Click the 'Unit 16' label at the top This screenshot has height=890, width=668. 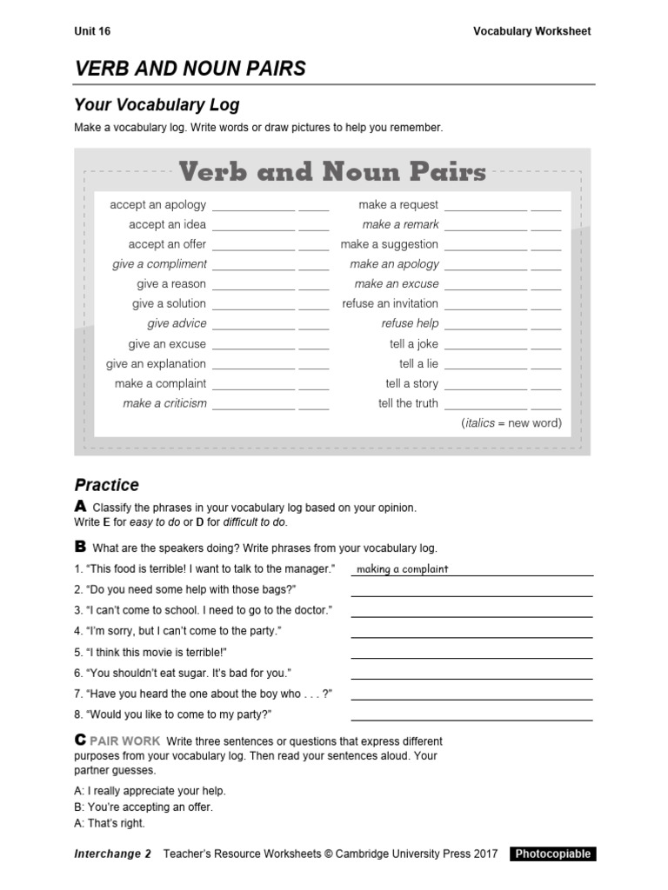click(x=92, y=31)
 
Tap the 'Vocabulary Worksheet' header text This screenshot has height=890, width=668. click(x=531, y=31)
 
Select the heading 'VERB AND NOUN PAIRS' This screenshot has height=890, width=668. click(x=190, y=69)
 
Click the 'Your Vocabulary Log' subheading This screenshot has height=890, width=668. click(x=157, y=105)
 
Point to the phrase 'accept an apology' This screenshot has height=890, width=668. click(x=157, y=205)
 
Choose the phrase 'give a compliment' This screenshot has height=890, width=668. click(x=159, y=264)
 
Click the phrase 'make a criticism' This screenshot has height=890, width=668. click(x=164, y=403)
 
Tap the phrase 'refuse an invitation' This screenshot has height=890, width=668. click(x=391, y=303)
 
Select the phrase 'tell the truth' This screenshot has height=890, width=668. click(x=408, y=403)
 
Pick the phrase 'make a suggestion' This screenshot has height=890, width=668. click(x=389, y=244)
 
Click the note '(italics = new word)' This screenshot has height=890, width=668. click(x=511, y=423)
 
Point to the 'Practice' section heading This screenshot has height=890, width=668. click(x=106, y=485)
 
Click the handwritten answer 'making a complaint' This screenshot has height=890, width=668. click(x=402, y=569)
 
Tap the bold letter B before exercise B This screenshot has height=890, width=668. click(x=80, y=547)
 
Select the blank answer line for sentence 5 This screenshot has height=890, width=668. click(x=471, y=657)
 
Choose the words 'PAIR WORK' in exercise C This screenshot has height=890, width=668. click(x=130, y=741)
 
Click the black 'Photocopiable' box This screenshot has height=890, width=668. click(x=552, y=853)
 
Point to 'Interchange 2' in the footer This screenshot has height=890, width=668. click(x=113, y=853)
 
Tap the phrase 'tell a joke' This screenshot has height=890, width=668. click(x=414, y=344)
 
